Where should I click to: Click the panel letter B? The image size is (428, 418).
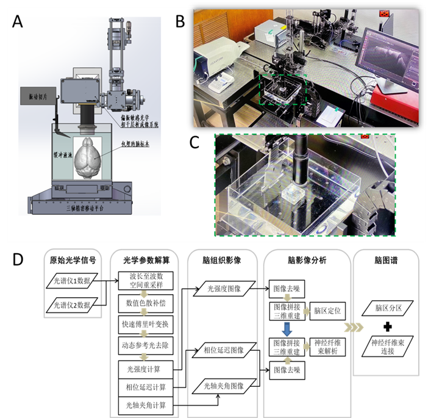click(180, 21)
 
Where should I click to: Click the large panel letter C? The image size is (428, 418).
click(194, 142)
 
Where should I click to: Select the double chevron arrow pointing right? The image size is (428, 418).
click(354, 328)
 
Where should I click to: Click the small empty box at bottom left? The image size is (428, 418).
click(73, 283)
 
